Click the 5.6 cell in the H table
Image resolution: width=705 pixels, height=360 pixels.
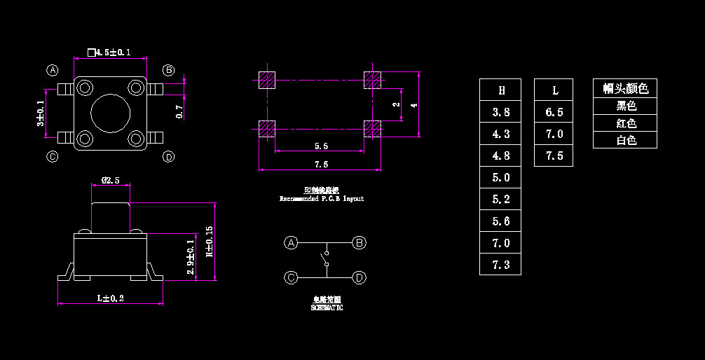coord(500,221)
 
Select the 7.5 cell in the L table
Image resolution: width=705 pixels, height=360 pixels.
coord(554,155)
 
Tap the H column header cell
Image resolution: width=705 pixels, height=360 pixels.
coord(500,90)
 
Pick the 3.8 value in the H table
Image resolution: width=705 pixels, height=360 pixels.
coord(500,112)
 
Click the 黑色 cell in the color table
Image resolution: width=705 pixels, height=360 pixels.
coord(625,106)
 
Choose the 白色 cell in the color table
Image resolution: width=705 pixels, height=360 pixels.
coord(625,140)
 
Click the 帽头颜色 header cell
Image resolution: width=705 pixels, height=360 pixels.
coord(625,88)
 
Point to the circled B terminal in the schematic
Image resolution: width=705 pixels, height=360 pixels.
coord(359,243)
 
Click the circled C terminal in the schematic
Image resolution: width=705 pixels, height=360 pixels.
coord(291,277)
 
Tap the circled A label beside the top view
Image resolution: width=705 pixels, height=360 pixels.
coord(52,70)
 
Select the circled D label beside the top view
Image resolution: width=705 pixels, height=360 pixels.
coord(168,156)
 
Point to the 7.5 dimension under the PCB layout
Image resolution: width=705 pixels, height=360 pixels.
coord(322,165)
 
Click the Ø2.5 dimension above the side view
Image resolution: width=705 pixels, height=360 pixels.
coord(110,180)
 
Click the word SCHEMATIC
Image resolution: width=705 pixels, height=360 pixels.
coord(327,307)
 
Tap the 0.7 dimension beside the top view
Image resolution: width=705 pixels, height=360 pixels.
coord(179,111)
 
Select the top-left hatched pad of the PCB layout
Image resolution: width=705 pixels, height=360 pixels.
coord(267,80)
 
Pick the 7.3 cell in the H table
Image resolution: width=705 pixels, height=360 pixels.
coord(500,265)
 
